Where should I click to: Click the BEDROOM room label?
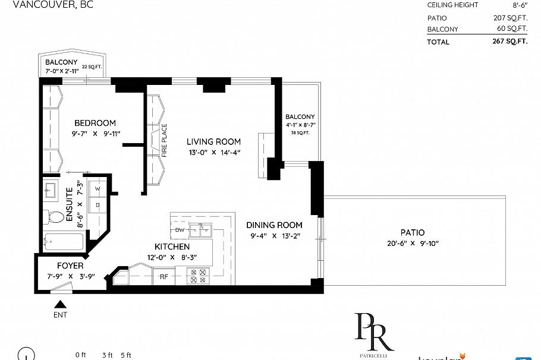click(x=95, y=123)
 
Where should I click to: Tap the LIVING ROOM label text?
click(x=213, y=141)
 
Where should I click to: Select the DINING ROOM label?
click(x=275, y=225)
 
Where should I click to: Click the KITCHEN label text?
click(x=172, y=247)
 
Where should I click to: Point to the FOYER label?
click(x=70, y=266)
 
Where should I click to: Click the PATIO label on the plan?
click(x=413, y=232)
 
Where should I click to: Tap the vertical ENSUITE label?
click(x=69, y=204)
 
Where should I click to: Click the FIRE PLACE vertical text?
click(x=164, y=140)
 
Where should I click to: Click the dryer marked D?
click(x=97, y=205)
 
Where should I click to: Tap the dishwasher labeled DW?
click(x=180, y=229)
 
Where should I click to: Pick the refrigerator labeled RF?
click(x=162, y=276)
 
